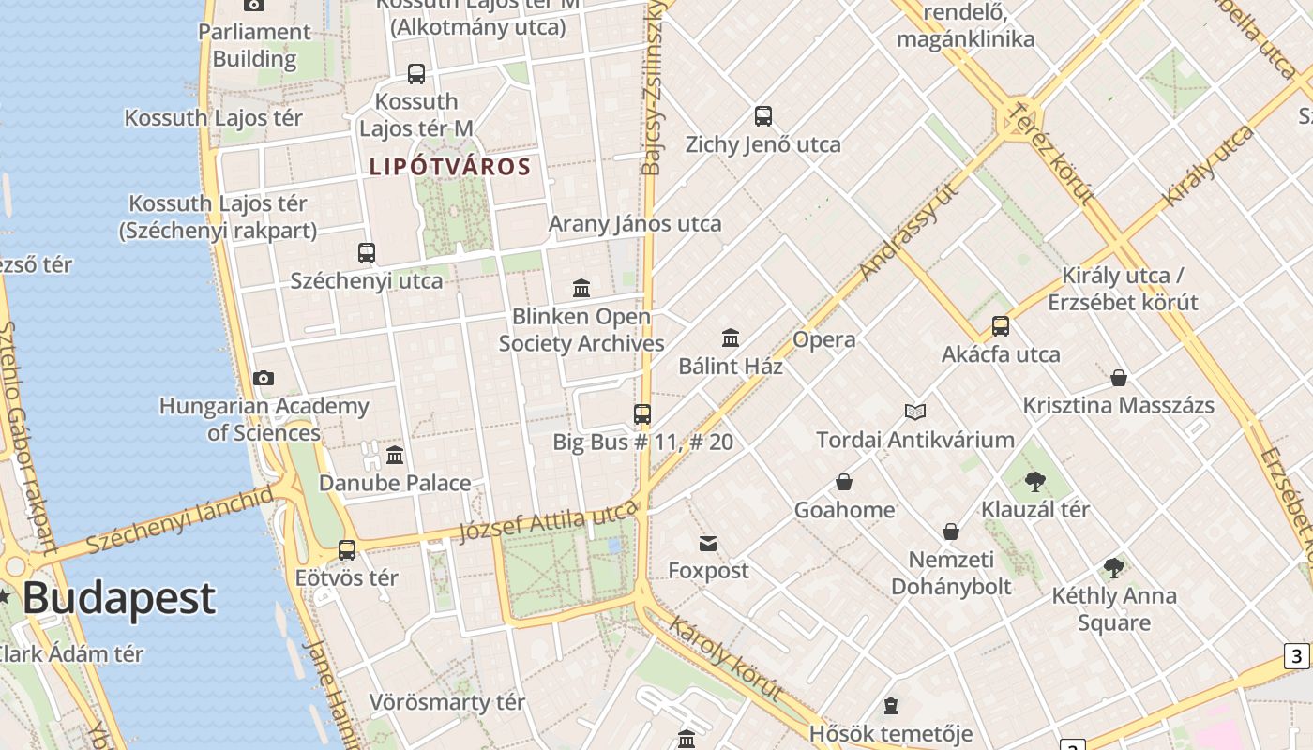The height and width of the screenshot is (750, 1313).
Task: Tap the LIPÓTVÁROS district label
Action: (450, 168)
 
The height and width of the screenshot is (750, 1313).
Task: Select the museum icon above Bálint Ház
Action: (731, 337)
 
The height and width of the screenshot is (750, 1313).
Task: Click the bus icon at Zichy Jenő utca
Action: (763, 116)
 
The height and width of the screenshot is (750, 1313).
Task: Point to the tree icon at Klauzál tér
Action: (1035, 482)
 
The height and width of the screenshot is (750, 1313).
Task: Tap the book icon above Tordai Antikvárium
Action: (915, 412)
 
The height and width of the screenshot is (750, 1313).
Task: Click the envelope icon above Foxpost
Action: (708, 543)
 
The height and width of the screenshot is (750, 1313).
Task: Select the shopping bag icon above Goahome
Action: (844, 482)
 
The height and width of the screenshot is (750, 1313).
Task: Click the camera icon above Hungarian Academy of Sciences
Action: (264, 378)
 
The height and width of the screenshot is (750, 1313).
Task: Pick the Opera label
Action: (824, 339)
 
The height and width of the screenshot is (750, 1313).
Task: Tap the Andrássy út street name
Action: (910, 231)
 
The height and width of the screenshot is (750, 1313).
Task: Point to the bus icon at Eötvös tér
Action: (347, 550)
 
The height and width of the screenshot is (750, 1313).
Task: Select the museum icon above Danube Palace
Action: (395, 455)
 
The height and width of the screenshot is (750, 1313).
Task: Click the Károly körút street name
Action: (725, 657)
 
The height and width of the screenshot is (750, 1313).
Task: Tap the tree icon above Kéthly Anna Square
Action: (1114, 567)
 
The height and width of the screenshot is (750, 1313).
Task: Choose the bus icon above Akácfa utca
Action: (1001, 326)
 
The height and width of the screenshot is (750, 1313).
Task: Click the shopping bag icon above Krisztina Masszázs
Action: (1118, 378)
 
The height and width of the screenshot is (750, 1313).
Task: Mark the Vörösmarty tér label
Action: (447, 702)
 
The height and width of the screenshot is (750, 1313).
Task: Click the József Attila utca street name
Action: (549, 521)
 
